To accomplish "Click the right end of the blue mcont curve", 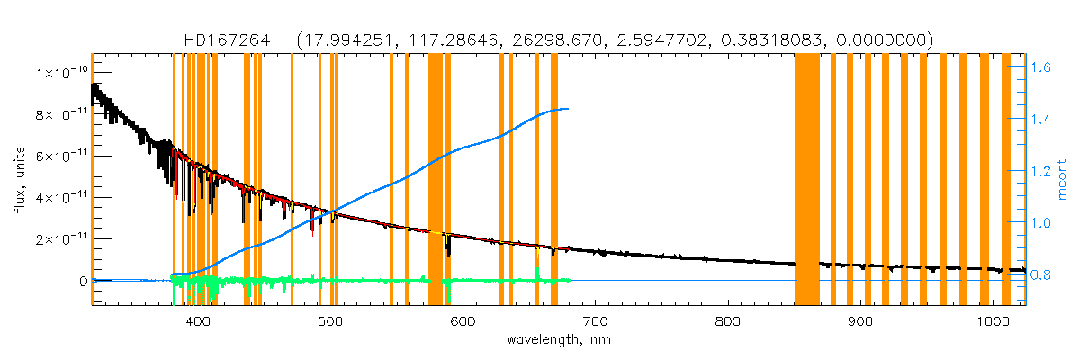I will [568, 109].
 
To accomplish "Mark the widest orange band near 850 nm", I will [807, 180].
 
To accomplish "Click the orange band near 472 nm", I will [292, 180].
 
